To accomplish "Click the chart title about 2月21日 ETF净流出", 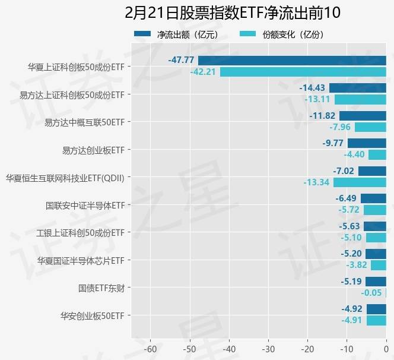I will click(233, 13).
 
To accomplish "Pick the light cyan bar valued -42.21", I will click(303, 72).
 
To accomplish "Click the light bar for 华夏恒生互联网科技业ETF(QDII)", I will click(360, 182).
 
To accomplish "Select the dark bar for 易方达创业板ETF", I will click(367, 143).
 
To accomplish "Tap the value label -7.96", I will click(339, 127).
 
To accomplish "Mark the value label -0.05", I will click(371, 293).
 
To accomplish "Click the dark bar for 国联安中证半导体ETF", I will click(373, 198).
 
